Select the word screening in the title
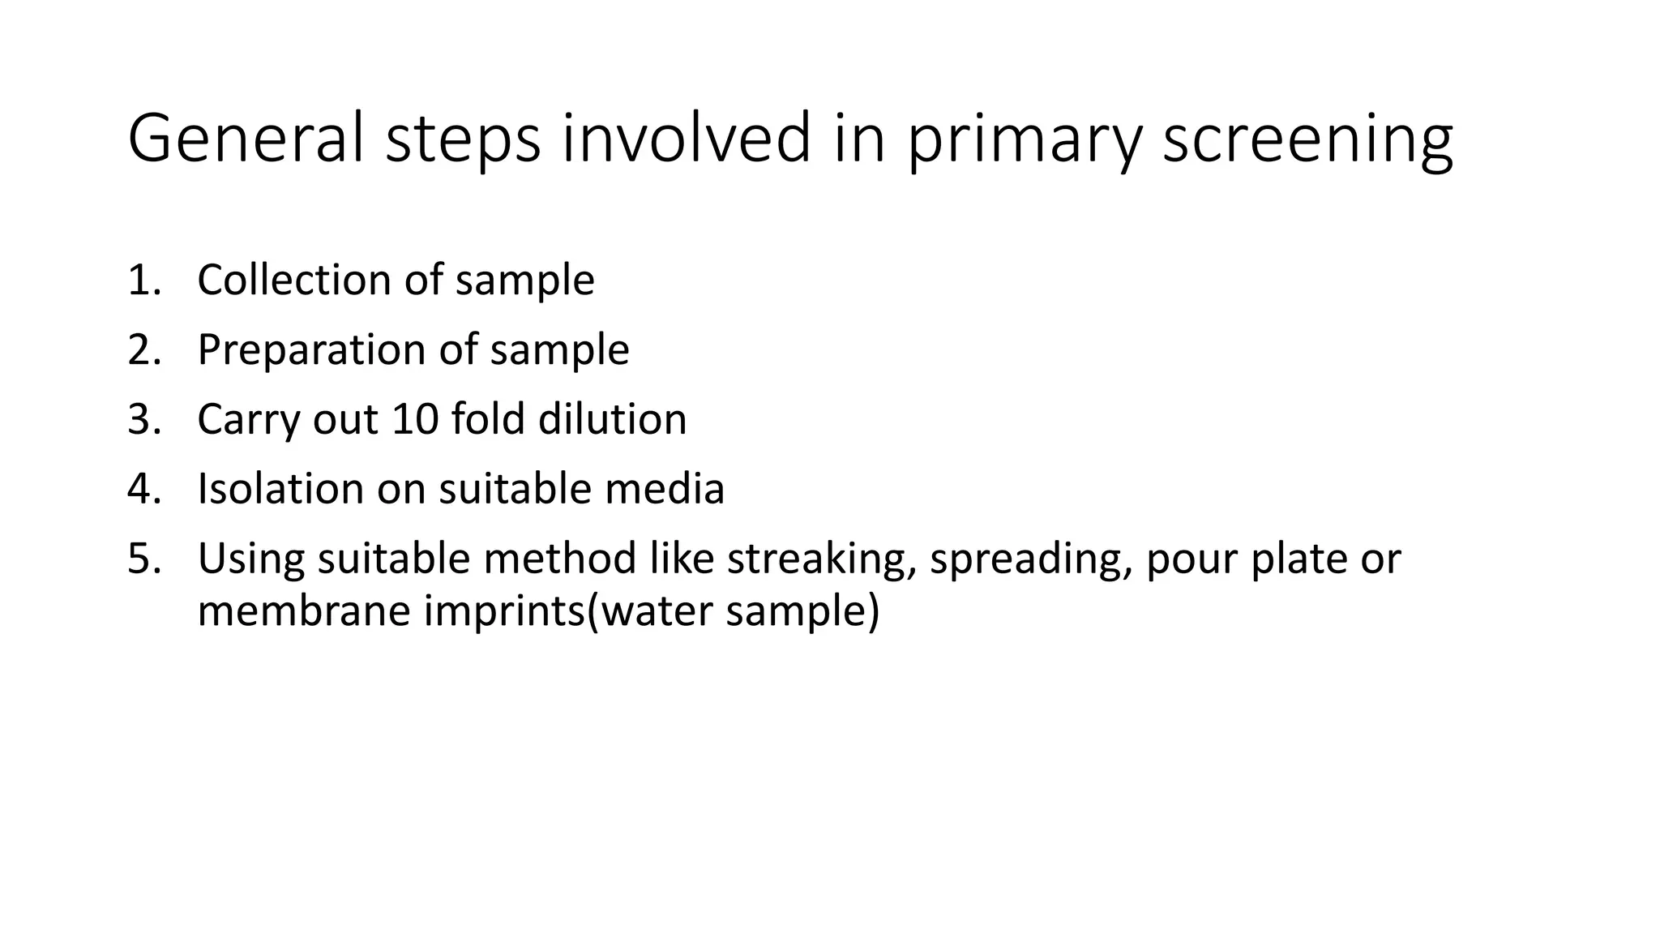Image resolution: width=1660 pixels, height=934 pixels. [x=1307, y=139]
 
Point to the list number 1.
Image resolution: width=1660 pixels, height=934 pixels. [x=143, y=281]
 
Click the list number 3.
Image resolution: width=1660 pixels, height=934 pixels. [x=143, y=420]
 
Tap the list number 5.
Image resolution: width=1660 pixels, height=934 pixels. [x=143, y=559]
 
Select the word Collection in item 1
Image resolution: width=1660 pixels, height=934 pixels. [x=293, y=280]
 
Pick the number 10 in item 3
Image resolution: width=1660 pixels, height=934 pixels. [x=414, y=420]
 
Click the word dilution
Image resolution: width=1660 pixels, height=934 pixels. [x=612, y=419]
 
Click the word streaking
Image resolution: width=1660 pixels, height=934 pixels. [x=821, y=559]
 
